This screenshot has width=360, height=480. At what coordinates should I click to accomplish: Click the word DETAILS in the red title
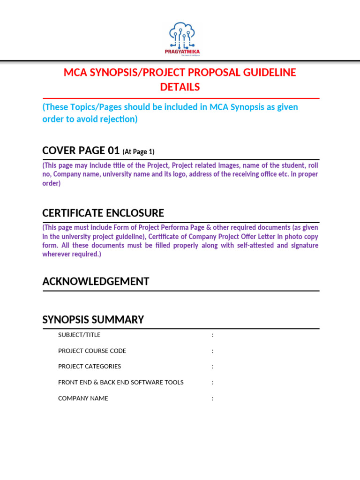[180, 87]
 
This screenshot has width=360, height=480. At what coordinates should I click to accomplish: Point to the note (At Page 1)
[138, 152]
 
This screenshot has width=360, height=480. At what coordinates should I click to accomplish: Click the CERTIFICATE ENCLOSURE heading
[103, 213]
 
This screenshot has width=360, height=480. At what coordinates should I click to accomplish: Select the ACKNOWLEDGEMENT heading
[96, 281]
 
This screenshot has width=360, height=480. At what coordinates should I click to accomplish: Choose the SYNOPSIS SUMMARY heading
[93, 320]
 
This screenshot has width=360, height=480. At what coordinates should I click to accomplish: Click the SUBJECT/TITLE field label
[79, 335]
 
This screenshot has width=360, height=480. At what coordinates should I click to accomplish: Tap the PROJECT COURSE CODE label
[92, 351]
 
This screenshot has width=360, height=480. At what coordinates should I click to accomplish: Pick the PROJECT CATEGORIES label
[90, 366]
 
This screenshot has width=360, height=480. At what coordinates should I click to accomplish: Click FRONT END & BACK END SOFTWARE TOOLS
[120, 382]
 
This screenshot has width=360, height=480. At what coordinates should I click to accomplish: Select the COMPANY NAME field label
[83, 398]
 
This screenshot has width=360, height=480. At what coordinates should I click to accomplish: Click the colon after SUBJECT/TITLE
[212, 335]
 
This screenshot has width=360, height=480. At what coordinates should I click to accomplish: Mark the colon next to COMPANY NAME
[212, 398]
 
